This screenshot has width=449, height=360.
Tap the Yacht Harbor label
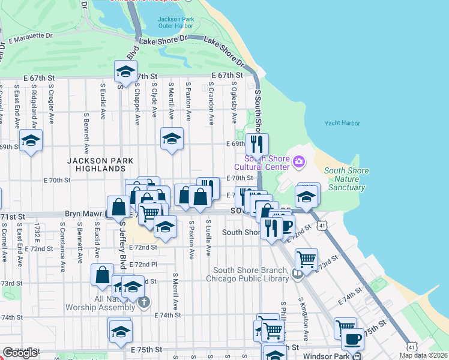click(x=342, y=123)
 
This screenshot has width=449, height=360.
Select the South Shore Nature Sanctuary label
click(x=346, y=179)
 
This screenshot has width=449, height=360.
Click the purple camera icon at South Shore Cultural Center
click(x=298, y=161)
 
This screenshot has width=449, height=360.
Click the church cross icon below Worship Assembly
click(x=143, y=302)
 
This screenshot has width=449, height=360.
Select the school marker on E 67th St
click(x=125, y=72)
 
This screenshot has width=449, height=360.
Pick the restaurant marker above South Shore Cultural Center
click(x=257, y=144)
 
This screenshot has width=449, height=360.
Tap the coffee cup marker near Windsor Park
click(x=352, y=340)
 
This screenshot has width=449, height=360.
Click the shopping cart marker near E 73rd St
click(x=306, y=259)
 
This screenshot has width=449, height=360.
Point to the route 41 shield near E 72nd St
click(x=322, y=224)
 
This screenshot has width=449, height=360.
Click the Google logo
click(x=20, y=353)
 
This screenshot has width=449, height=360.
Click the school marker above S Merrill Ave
click(x=172, y=139)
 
